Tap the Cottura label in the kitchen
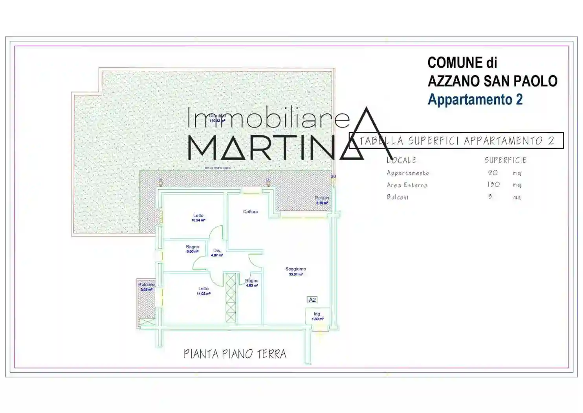tap(250, 212)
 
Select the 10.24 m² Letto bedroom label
tap(198, 218)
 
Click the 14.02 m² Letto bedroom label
tap(203, 291)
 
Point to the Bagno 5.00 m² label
tap(192, 249)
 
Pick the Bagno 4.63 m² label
tap(251, 283)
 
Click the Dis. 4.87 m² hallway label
tap(217, 253)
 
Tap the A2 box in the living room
tap(312, 300)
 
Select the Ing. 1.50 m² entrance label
tap(317, 316)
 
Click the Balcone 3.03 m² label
tap(146, 287)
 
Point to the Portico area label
tap(322, 200)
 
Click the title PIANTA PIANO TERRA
tap(235, 354)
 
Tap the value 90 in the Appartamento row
tap(493, 173)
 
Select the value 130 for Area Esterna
tap(493, 184)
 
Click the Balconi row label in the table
tap(397, 197)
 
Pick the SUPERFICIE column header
tap(505, 160)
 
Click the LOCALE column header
tap(401, 160)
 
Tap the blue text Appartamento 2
tap(475, 99)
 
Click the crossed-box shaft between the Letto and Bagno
tap(231, 298)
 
